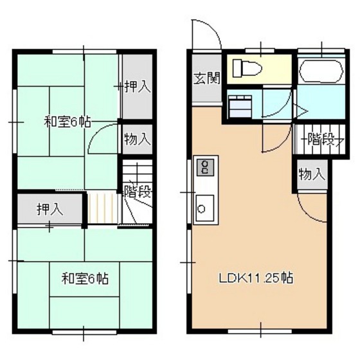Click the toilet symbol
point(247,68)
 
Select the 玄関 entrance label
point(207,78)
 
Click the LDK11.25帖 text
point(256,278)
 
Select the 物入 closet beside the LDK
point(312,174)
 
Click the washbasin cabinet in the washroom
point(240,107)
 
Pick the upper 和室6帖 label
point(67,122)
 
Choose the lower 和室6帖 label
point(85,278)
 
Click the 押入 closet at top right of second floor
point(138,87)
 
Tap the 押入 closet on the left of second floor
point(50,209)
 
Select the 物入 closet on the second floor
point(138,139)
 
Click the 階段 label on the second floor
point(138,192)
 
